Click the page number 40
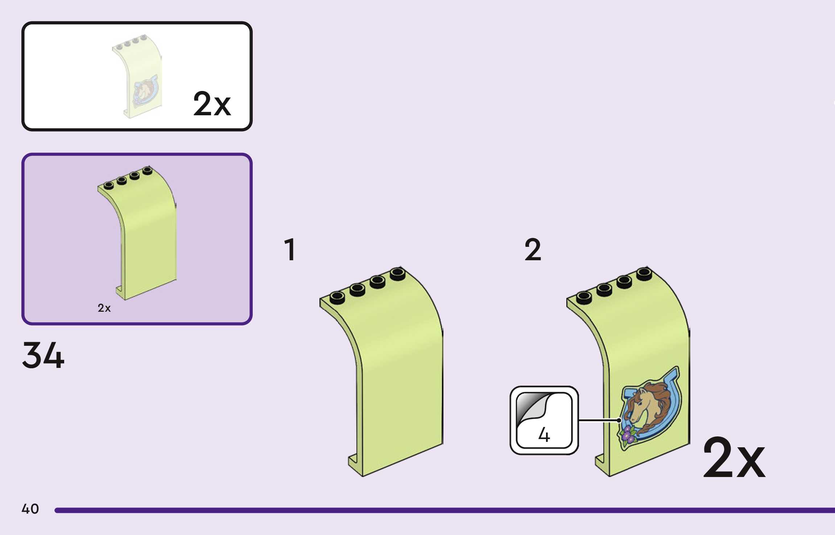(30, 509)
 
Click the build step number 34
(43, 355)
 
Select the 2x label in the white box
(212, 104)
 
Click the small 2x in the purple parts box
(104, 308)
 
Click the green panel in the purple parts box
(147, 236)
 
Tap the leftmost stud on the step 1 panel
(337, 297)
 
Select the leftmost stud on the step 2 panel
(584, 297)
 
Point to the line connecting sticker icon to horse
(598, 420)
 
